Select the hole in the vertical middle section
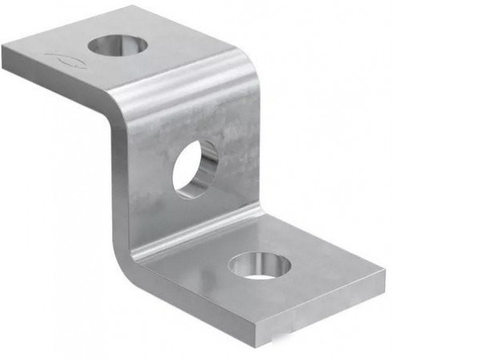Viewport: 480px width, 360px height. coord(195,169)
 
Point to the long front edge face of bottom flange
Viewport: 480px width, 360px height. coord(200,301)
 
